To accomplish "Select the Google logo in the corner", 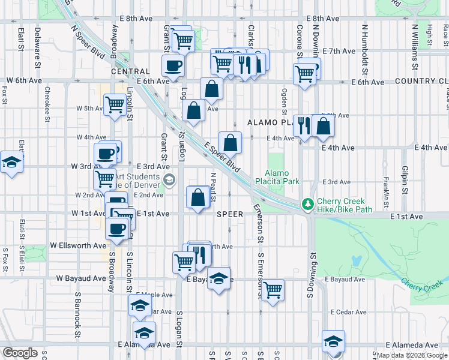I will click(x=20, y=353).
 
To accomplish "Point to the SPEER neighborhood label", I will click(x=230, y=214).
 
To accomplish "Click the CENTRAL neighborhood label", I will click(x=130, y=71).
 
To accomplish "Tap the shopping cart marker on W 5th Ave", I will click(x=114, y=104).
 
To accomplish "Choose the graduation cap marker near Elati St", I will click(x=11, y=162).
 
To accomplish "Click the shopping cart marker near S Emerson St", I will click(x=273, y=290).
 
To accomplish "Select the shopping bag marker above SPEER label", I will click(x=198, y=197).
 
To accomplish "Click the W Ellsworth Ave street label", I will click(x=78, y=245).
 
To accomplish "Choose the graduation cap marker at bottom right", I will click(x=333, y=341).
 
